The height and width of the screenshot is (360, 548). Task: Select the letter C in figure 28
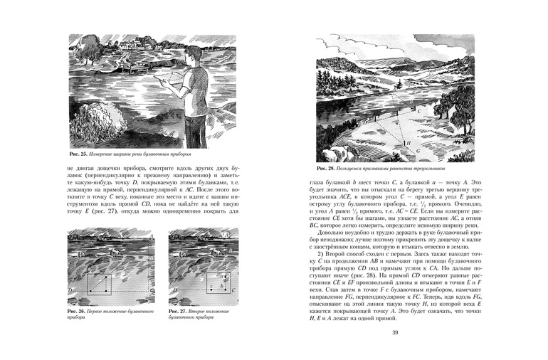[419, 111]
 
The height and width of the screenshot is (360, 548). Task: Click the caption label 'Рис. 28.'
[327, 169]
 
